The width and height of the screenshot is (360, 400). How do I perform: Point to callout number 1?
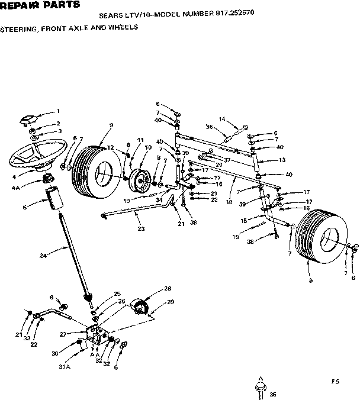tap(58, 111)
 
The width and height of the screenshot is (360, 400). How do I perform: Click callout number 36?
tap(209, 126)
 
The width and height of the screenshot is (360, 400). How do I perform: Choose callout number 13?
tap(282, 160)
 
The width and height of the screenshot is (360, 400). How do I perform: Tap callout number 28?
tap(168, 288)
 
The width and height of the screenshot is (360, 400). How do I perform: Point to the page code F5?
tap(335, 381)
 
